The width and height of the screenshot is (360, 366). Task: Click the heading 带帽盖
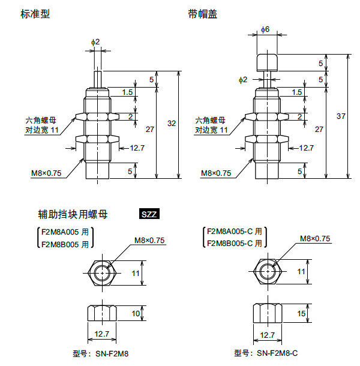pyautogui.click(x=202, y=13)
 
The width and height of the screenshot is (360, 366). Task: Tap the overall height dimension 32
pyautogui.click(x=172, y=124)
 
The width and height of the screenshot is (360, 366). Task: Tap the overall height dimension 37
pyautogui.click(x=341, y=115)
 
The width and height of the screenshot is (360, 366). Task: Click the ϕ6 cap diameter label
pyautogui.click(x=266, y=29)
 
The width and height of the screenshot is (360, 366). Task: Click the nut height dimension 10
pyautogui.click(x=136, y=313)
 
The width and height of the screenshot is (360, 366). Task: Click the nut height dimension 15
pyautogui.click(x=301, y=313)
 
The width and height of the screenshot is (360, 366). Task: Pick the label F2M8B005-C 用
pyautogui.click(x=235, y=244)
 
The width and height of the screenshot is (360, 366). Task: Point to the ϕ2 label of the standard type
pyautogui.click(x=95, y=41)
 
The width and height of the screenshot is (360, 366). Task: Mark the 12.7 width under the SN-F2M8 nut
pyautogui.click(x=102, y=334)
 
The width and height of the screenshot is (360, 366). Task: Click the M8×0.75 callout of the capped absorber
pyautogui.click(x=215, y=173)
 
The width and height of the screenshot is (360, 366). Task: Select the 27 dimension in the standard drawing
pyautogui.click(x=149, y=128)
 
